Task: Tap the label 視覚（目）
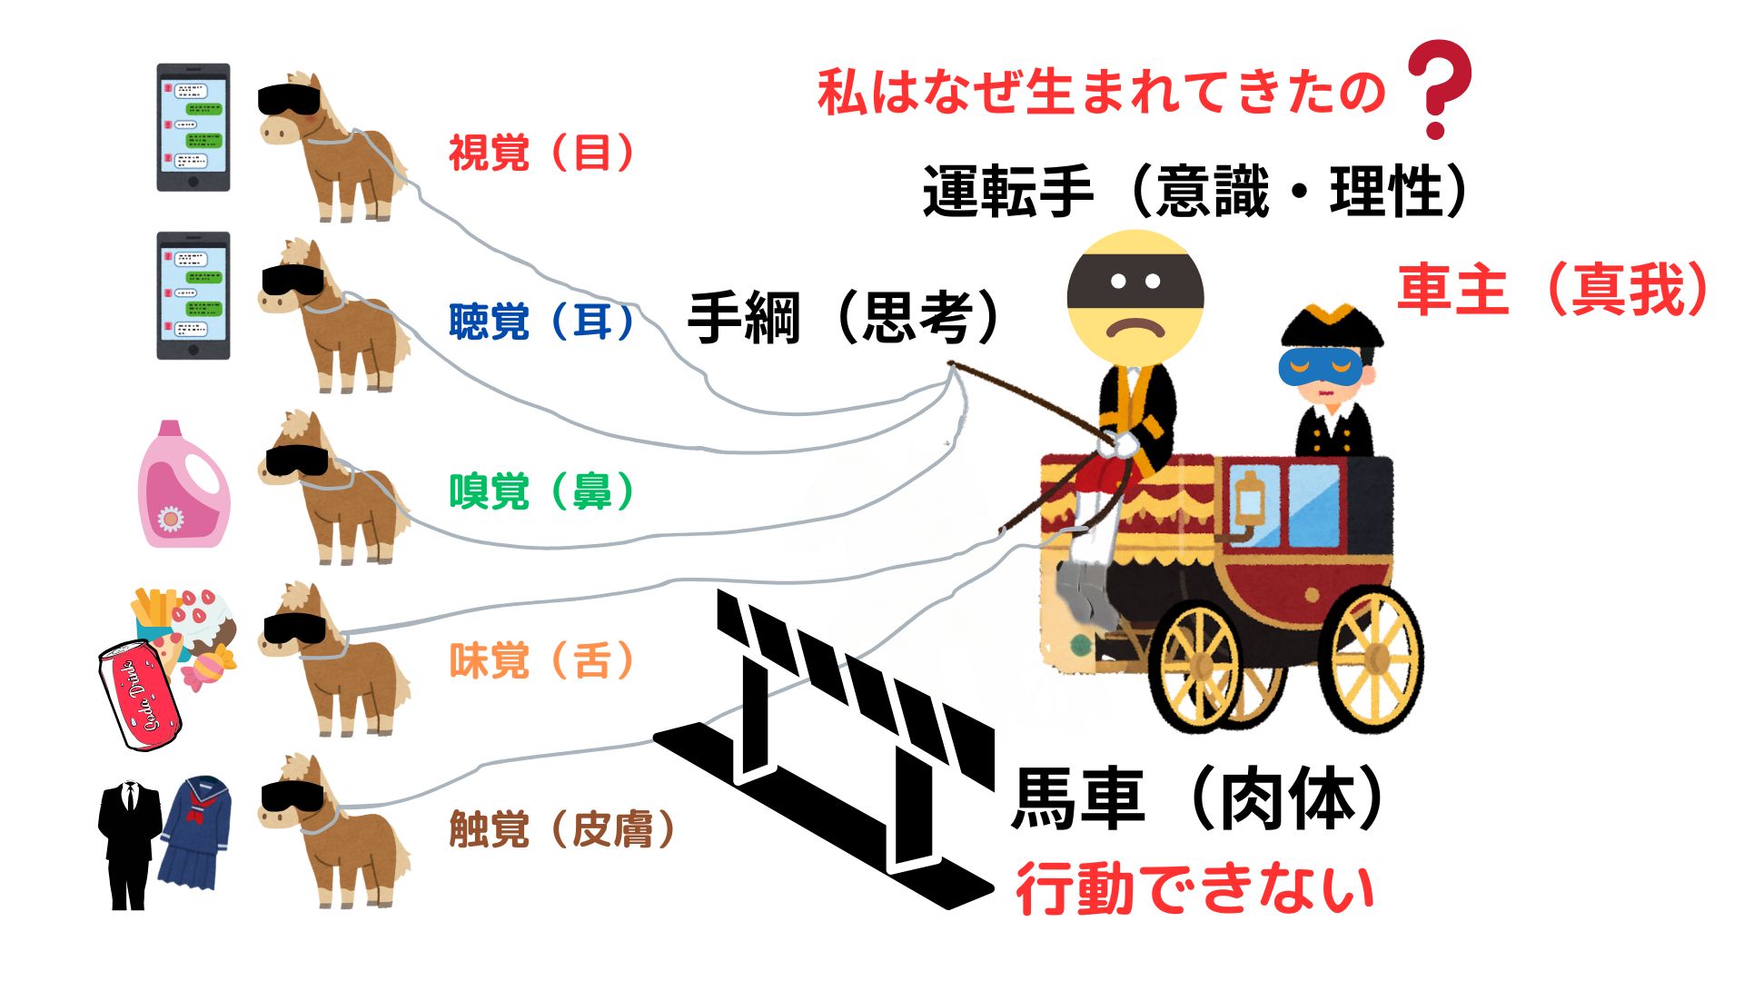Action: coord(541,153)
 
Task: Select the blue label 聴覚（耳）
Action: coord(541,322)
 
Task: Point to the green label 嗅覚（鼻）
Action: coord(541,491)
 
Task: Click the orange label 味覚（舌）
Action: coord(541,660)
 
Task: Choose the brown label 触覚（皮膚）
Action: coord(561,828)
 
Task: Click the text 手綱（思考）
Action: coord(843,318)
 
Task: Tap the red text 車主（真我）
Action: coord(1551,289)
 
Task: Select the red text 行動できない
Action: coord(1194,888)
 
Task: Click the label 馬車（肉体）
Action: coord(1197,799)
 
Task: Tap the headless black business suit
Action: coord(130,845)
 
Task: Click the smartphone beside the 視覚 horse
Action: coord(193,127)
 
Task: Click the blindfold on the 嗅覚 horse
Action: coord(297,460)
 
